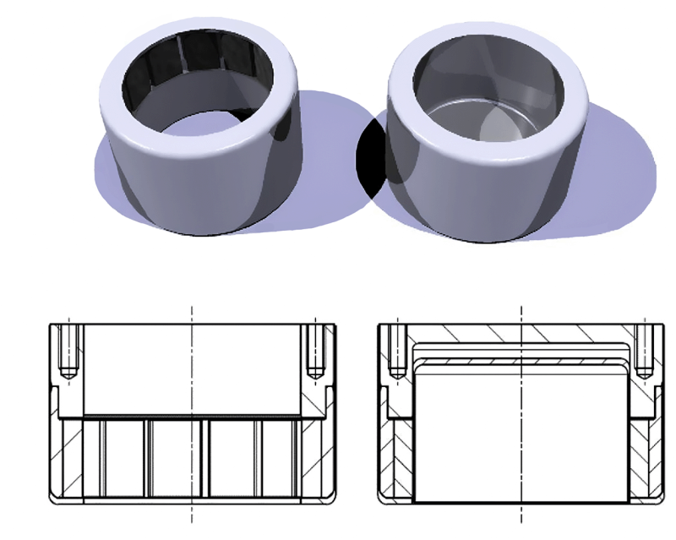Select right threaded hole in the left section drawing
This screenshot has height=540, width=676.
(315, 351)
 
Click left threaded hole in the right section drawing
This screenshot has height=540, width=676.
(395, 351)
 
